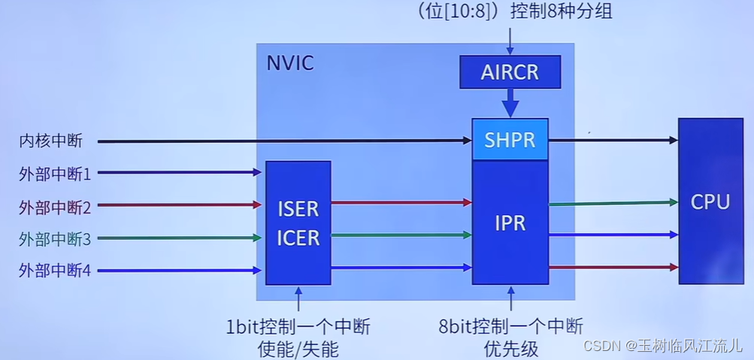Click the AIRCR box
(510, 72)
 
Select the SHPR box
(510, 140)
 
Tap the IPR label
(510, 223)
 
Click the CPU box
(710, 201)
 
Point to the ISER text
(298, 208)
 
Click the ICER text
(298, 238)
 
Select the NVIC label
(290, 62)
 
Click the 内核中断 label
(51, 141)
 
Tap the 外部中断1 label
(55, 174)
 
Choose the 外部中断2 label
(55, 206)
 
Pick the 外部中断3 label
(55, 239)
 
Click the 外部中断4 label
(55, 271)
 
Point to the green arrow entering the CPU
(613, 203)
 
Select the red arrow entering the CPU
(613, 267)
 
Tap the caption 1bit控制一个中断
(298, 327)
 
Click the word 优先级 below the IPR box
(510, 347)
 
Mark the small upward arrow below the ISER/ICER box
(298, 298)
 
